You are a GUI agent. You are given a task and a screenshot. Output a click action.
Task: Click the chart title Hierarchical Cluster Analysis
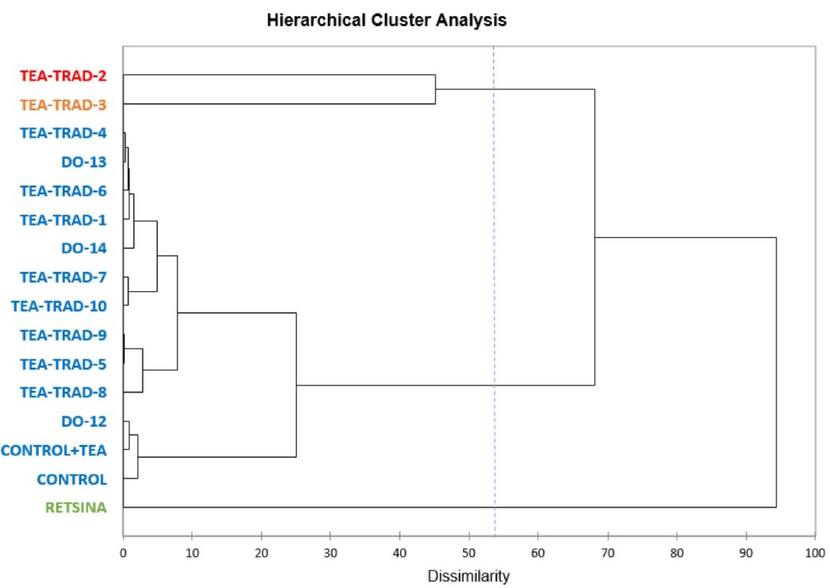tap(387, 21)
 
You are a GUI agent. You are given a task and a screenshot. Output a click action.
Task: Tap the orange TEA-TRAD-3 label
tap(64, 105)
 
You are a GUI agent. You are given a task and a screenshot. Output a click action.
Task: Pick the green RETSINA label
tap(75, 507)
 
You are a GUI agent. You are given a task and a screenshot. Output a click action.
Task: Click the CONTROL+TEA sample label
tap(54, 450)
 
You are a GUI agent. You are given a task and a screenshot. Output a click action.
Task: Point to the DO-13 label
tap(84, 162)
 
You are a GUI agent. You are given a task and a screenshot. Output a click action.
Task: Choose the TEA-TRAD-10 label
tap(59, 306)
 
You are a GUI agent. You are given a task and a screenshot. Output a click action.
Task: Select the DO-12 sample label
tap(84, 421)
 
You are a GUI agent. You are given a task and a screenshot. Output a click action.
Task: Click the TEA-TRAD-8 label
tap(64, 393)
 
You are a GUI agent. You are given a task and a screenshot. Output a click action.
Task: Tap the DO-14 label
tap(84, 248)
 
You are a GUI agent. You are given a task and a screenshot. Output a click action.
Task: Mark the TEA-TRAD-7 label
tap(64, 277)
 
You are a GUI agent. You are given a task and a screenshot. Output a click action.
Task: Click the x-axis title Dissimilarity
tap(469, 576)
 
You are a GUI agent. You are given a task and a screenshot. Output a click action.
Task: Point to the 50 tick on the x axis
tap(469, 551)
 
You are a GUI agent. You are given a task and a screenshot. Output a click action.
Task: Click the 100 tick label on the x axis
tap(815, 551)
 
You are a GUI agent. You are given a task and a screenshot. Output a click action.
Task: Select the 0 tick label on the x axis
tap(123, 551)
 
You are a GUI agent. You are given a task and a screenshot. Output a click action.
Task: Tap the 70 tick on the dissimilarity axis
tap(608, 551)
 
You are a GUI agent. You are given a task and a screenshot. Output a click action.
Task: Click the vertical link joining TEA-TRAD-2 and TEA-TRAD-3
tap(435, 89)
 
